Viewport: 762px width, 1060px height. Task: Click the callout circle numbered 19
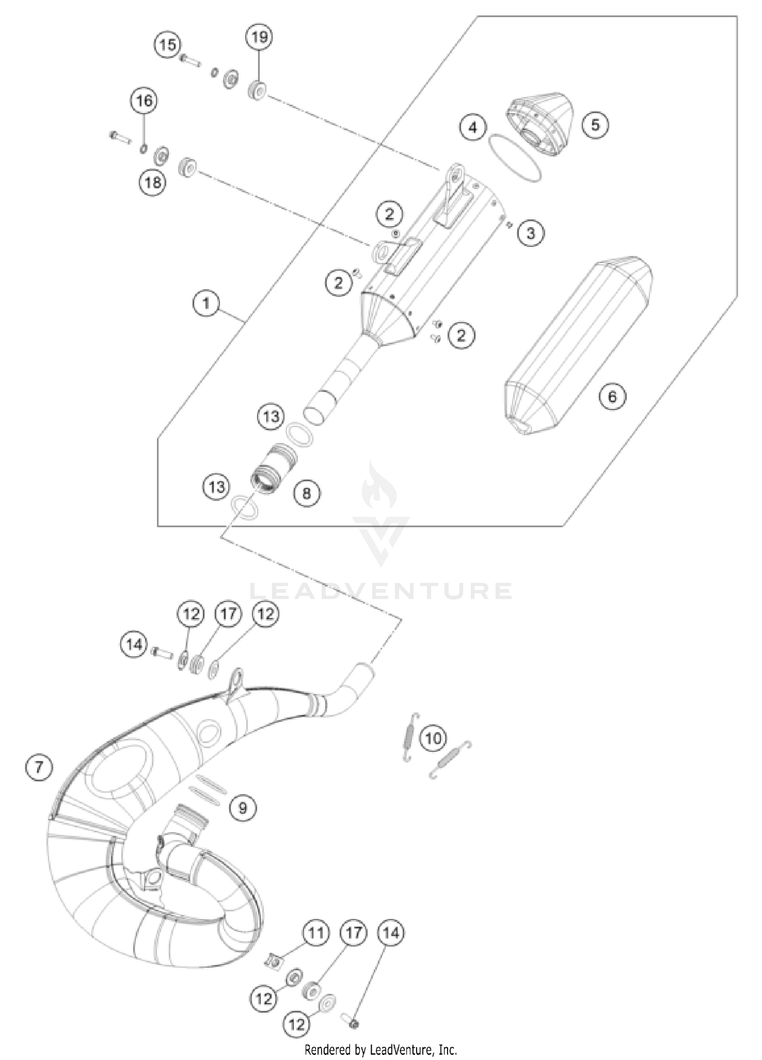[x=259, y=37]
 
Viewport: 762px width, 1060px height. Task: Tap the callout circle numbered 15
[x=168, y=45]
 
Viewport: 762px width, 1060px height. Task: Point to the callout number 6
[x=612, y=396]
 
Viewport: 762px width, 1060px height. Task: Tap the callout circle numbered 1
[x=206, y=304]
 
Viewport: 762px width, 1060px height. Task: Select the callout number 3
[x=530, y=233]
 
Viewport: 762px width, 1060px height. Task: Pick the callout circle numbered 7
[x=39, y=767]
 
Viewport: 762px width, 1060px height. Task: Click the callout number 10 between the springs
[x=433, y=738]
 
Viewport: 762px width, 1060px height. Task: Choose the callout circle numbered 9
[x=242, y=807]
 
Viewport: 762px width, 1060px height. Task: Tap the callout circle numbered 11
[x=315, y=933]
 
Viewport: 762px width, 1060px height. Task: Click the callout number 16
[x=144, y=101]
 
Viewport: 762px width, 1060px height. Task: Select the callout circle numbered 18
[x=153, y=181]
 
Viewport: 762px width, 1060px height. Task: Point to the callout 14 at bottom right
[x=391, y=933]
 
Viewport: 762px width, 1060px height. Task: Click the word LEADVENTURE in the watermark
[x=381, y=591]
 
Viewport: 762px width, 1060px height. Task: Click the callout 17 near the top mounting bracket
[x=228, y=614]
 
